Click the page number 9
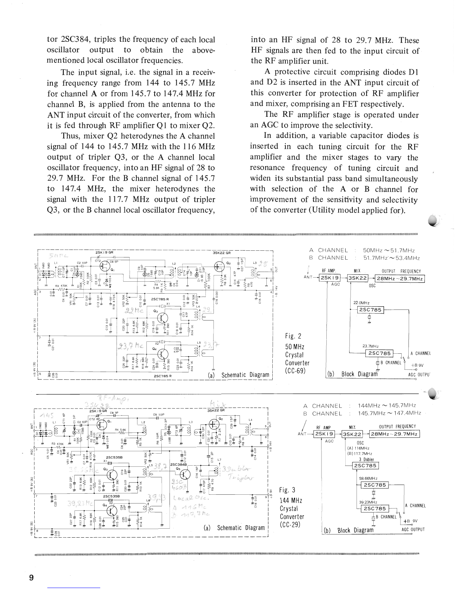coord(31,578)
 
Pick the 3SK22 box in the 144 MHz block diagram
coord(352,434)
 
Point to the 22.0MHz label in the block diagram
coord(361,303)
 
